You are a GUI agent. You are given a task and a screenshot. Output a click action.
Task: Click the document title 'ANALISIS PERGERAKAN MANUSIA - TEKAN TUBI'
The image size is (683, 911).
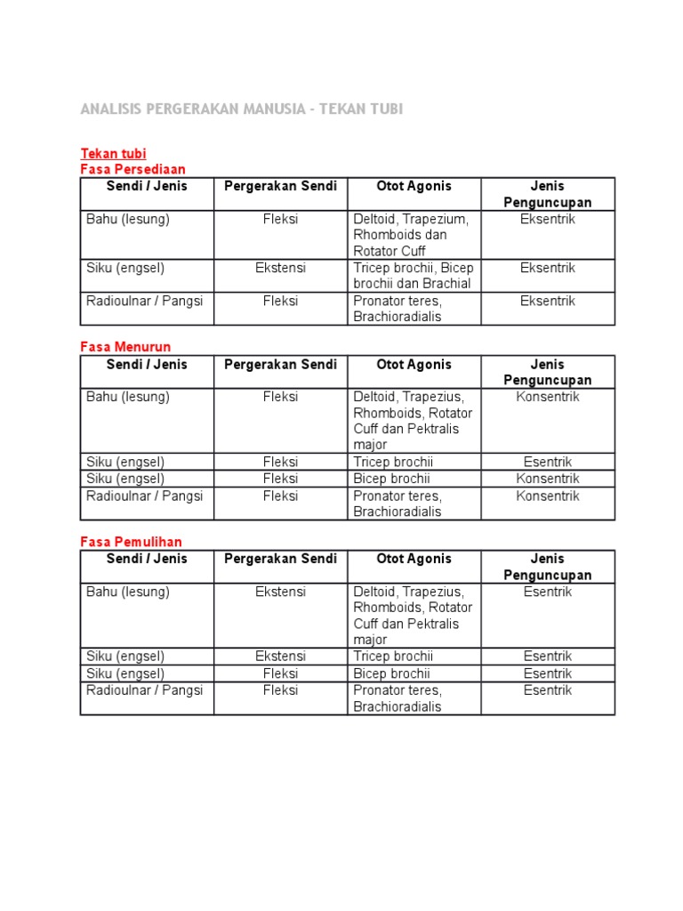pos(241,109)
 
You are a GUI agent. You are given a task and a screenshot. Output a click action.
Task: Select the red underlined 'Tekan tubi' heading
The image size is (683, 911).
pos(113,153)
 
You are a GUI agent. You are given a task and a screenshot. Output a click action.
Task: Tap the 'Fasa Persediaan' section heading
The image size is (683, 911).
pos(133,169)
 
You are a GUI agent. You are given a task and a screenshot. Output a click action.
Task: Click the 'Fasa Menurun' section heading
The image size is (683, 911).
pos(125,347)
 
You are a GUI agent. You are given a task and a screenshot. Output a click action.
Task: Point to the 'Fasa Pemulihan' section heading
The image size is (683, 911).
pos(131,542)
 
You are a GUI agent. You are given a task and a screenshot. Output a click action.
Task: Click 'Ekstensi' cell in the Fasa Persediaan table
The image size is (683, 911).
pos(280,268)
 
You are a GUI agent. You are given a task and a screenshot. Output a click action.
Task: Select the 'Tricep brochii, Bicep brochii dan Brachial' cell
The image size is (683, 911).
pos(414,276)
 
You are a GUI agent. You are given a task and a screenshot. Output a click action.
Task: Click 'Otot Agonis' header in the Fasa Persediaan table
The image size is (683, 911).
pos(414,186)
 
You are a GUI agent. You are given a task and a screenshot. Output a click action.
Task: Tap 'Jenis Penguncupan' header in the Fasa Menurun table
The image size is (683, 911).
pos(547,372)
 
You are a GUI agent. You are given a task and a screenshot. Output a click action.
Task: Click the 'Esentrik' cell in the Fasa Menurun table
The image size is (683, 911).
pos(547,462)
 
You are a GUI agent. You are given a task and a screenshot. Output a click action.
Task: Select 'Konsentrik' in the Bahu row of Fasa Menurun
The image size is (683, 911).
pos(547,397)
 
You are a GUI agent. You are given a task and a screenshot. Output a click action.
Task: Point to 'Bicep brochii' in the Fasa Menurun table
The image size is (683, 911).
pos(391,479)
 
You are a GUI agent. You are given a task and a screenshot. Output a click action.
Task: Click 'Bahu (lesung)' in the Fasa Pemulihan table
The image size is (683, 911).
pos(128,592)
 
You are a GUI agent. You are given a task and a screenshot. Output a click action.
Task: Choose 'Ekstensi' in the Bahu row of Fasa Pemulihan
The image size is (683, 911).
pos(280,592)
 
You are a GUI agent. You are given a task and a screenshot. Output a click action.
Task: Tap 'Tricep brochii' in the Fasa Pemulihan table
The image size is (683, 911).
pos(392,657)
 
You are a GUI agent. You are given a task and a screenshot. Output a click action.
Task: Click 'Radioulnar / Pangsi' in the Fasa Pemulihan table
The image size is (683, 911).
pos(144,690)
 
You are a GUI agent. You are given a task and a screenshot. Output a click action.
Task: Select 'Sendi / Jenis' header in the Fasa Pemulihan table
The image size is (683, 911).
pos(147,559)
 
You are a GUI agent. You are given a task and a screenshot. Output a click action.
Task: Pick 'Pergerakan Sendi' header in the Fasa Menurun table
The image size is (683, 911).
pos(280,364)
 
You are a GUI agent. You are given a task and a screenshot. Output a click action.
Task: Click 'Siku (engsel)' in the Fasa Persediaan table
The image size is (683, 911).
pos(125,268)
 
